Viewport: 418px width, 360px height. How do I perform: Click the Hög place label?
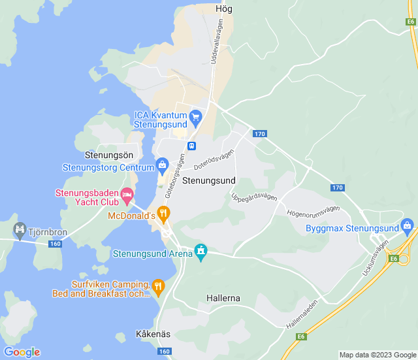point(223,9)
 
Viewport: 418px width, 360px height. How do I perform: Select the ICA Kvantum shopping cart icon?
point(195,118)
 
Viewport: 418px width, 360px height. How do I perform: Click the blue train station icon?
point(192,146)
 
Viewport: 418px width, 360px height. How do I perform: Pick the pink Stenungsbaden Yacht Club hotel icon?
point(127,194)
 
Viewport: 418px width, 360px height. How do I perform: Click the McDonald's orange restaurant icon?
point(163,214)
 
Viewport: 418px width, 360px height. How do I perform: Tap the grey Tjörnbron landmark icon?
point(19,229)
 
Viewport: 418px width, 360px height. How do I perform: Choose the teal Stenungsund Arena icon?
point(201,252)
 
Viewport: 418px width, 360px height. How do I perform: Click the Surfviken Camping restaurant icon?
point(158,286)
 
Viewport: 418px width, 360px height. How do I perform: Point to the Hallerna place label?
point(223,298)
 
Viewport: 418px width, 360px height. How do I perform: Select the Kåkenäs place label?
point(153,334)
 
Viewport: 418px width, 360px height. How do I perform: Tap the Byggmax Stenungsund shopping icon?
point(408,227)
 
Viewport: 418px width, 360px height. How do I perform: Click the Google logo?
point(22,352)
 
